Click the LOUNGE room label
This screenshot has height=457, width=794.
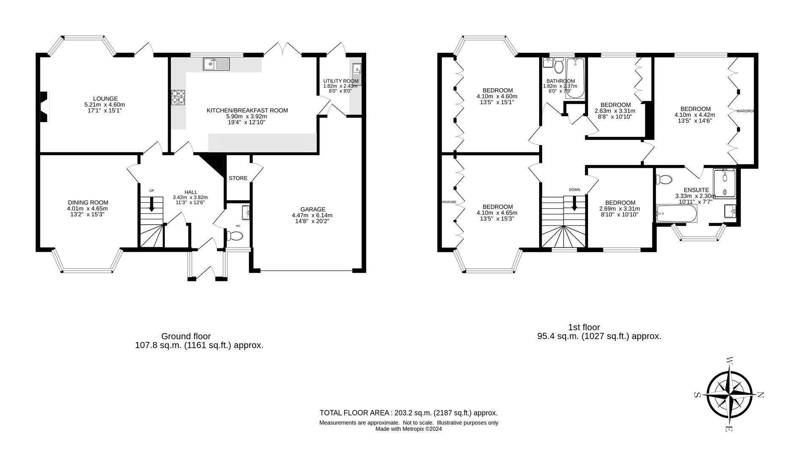[105, 99]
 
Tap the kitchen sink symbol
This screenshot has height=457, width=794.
[216, 64]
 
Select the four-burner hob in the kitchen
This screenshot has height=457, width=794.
[178, 97]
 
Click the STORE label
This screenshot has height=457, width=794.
[238, 178]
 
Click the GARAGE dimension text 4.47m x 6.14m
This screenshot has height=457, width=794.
[313, 215]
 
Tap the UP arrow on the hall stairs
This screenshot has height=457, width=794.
[152, 204]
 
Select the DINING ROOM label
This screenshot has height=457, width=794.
[88, 203]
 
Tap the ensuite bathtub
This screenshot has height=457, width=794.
[676, 214]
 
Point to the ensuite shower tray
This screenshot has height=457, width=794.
[725, 183]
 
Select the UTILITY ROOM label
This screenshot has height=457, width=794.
[340, 81]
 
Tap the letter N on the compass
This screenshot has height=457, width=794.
[760, 395]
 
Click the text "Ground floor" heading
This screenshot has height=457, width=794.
[186, 336]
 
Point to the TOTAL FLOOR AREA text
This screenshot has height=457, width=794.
[355, 413]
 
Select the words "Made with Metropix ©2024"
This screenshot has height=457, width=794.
[408, 429]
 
